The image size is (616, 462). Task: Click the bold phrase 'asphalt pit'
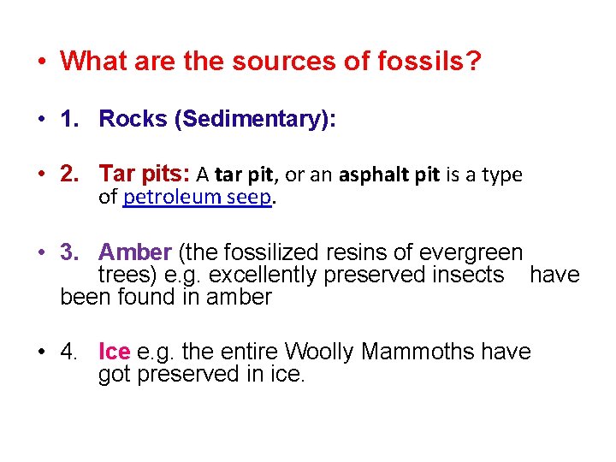pyautogui.click(x=388, y=175)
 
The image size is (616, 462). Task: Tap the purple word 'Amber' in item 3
pyautogui.click(x=135, y=252)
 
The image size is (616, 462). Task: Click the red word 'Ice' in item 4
pyautogui.click(x=114, y=352)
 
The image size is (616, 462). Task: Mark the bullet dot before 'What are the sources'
pyautogui.click(x=40, y=62)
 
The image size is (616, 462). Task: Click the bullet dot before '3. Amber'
pyautogui.click(x=40, y=253)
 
